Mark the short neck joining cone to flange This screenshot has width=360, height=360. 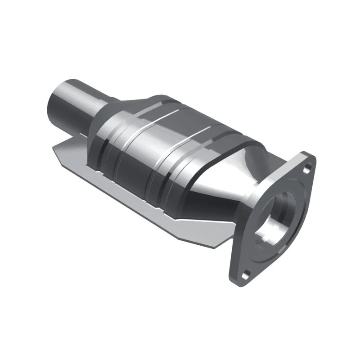click(256, 189)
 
